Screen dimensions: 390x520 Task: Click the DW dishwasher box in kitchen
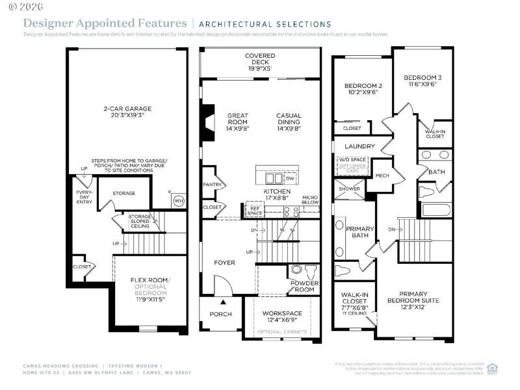coord(290,178)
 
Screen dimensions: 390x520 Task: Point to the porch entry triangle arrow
coord(223,302)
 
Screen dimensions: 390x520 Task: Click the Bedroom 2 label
coord(363,89)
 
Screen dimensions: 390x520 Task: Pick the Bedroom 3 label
coord(422,79)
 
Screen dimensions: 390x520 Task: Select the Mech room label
coord(382,175)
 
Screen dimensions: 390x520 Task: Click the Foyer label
coord(224,263)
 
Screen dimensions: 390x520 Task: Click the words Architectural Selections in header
coord(265,24)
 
